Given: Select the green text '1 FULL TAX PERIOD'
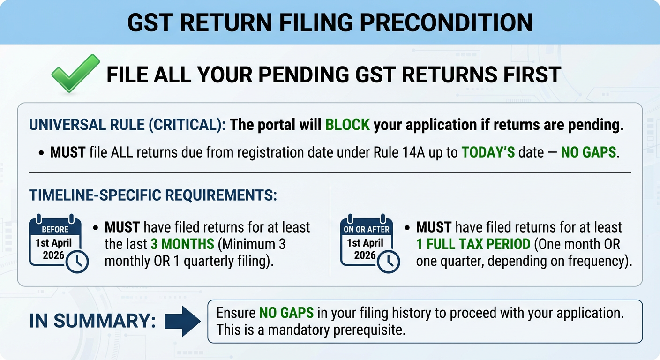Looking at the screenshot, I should (472, 244).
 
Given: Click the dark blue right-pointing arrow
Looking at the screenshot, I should (183, 321).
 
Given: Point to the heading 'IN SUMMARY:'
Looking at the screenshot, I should (92, 321).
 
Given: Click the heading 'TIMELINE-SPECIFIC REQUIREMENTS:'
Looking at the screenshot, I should (153, 195).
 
